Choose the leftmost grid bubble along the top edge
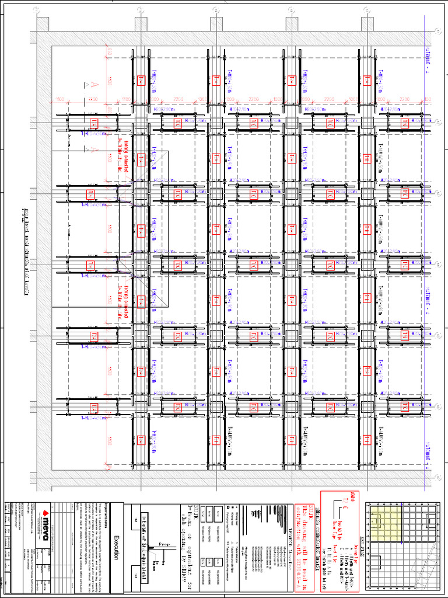36,10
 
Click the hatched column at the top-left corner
43,24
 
